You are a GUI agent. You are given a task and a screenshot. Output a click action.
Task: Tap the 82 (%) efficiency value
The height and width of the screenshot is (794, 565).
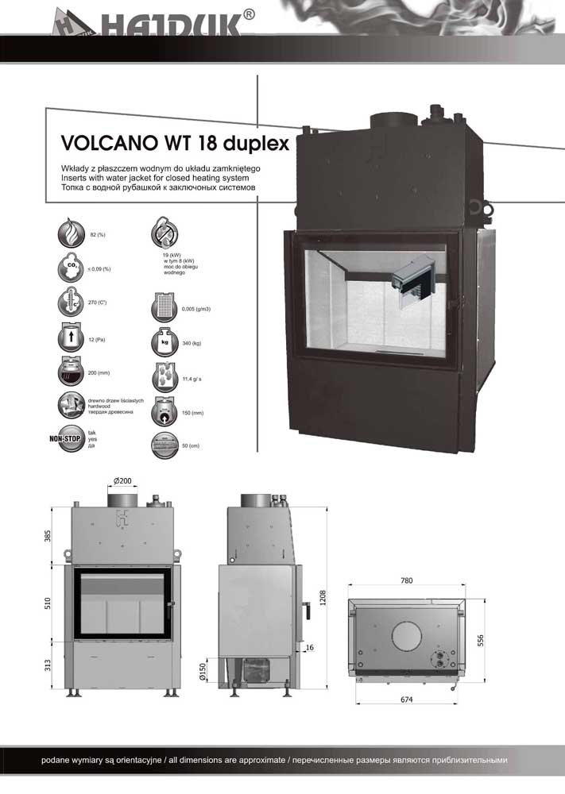[x=99, y=236]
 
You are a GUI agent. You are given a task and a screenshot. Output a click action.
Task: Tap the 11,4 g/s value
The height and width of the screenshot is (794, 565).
[x=192, y=379]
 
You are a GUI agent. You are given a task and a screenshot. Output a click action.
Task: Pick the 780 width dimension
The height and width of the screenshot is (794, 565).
[x=406, y=581]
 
